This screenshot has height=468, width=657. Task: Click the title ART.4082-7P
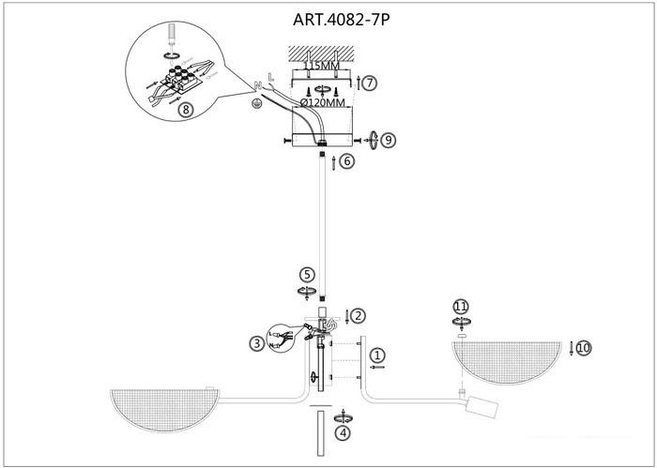click(341, 20)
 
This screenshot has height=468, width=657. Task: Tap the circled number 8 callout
click(186, 110)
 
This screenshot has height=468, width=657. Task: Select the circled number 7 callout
click(369, 83)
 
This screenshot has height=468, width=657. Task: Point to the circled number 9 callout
click(389, 141)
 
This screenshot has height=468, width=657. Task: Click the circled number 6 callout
click(347, 161)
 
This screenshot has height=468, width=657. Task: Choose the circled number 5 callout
click(307, 275)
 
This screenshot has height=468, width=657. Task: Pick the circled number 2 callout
click(358, 316)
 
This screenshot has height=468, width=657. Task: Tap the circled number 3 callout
click(256, 344)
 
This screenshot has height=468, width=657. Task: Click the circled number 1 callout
click(377, 355)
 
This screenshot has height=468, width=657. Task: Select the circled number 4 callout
click(344, 433)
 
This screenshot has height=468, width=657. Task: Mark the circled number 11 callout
click(461, 307)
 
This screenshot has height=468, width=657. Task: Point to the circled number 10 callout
click(584, 348)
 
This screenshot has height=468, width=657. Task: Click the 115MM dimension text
click(321, 66)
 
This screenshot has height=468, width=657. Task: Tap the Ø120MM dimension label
click(322, 102)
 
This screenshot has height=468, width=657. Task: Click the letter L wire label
click(270, 77)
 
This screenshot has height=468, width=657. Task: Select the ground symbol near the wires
click(256, 105)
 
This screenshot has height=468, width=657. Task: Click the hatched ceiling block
click(321, 53)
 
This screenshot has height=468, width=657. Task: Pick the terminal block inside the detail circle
click(181, 78)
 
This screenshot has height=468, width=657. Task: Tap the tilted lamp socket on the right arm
click(482, 405)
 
